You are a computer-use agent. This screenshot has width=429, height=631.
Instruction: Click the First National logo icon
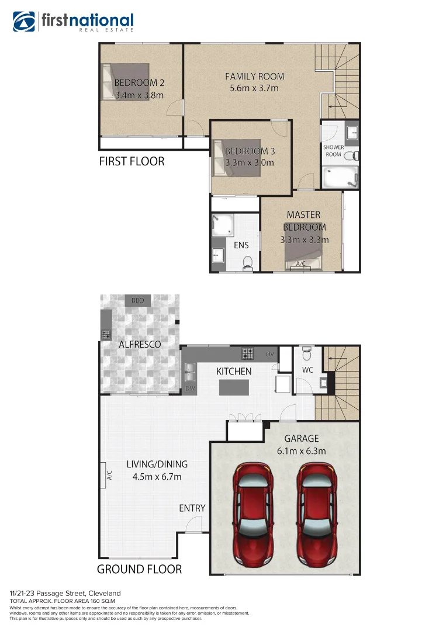tap(25, 22)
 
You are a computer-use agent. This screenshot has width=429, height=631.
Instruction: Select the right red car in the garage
tap(316, 511)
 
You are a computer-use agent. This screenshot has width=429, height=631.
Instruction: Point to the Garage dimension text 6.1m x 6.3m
tap(301, 451)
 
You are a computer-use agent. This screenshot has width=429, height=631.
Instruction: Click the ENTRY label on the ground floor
tap(192, 508)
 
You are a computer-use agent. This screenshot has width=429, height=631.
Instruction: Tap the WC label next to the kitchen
tap(307, 370)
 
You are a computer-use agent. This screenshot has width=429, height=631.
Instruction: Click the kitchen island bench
tap(234, 387)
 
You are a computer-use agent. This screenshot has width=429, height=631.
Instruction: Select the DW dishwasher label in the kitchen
tap(189, 388)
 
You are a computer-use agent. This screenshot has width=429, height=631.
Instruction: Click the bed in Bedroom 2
tap(126, 82)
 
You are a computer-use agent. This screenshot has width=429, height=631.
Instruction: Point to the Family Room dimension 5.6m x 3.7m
tap(254, 88)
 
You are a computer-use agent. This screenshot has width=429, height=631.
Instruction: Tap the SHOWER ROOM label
tap(333, 151)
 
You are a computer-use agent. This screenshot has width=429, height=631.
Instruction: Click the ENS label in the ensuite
tap(241, 246)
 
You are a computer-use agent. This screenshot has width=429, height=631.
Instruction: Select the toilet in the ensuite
tap(248, 262)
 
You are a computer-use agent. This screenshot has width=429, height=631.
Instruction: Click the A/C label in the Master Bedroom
tap(301, 264)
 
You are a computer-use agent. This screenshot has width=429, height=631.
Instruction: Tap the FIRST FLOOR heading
tap(132, 161)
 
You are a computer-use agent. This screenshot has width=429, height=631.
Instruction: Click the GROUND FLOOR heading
tap(139, 568)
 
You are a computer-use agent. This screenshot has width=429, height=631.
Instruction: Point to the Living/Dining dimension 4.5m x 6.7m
tap(157, 477)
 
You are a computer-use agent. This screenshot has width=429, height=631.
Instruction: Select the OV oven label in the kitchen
tap(270, 354)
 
